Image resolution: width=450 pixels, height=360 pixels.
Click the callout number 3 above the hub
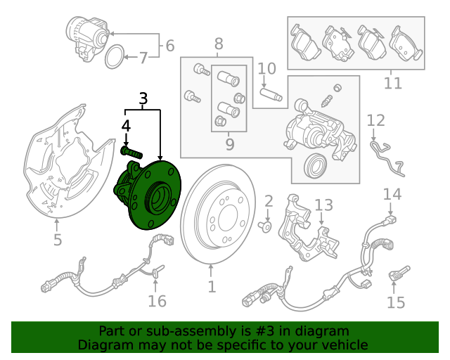click(x=143, y=98)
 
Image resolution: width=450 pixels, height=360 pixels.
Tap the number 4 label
click(x=126, y=126)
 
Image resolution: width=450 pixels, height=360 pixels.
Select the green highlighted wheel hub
click(x=148, y=195)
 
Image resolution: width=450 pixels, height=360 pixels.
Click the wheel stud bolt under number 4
click(x=131, y=152)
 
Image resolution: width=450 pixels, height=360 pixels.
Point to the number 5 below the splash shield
click(x=58, y=240)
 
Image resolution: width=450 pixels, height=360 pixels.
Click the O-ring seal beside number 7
click(x=115, y=56)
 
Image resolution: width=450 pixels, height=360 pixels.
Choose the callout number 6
click(x=170, y=46)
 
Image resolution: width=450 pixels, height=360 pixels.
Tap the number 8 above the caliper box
click(x=219, y=44)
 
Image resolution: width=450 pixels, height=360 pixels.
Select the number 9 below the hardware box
click(x=230, y=144)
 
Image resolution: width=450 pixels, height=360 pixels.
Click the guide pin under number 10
click(x=271, y=94)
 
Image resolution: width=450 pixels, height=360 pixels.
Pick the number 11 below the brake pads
click(x=393, y=84)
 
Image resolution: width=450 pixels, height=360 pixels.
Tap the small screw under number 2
click(x=266, y=226)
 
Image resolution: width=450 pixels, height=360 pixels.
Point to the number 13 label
click(x=324, y=205)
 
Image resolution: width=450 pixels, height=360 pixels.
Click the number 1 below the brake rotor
click(x=212, y=287)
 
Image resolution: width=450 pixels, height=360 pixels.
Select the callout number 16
click(x=157, y=301)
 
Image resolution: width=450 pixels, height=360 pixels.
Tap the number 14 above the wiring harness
click(x=392, y=194)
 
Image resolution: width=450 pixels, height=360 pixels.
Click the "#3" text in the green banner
click(x=264, y=330)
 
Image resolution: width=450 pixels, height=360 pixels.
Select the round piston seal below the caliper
click(x=316, y=165)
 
